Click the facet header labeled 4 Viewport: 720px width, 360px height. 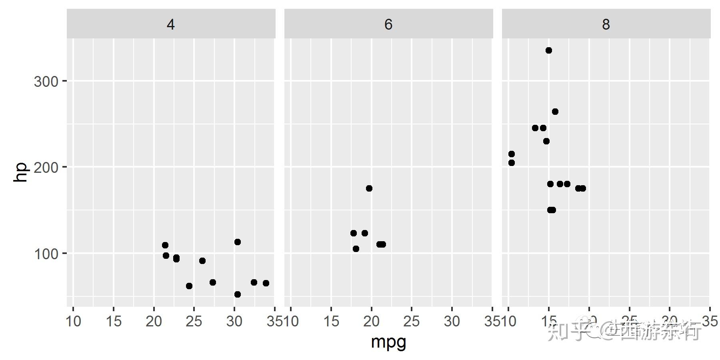point(171,25)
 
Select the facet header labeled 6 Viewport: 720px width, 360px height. point(388,25)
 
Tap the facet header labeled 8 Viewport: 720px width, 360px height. point(606,25)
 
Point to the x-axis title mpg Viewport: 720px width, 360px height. point(388,342)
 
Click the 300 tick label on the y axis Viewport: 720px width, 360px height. point(46,82)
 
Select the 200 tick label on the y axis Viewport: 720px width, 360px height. point(46,167)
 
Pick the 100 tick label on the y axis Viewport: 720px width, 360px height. point(46,254)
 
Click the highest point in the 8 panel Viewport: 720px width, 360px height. point(549,50)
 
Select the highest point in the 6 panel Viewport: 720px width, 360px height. point(369,188)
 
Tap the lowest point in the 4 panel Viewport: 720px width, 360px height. point(238,294)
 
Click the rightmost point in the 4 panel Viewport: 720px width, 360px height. point(266,283)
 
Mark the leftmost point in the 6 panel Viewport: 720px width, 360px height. point(354,233)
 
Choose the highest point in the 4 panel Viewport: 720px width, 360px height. point(238,242)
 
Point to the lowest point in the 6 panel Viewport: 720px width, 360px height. point(356,249)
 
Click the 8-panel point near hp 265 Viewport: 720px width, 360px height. point(555,112)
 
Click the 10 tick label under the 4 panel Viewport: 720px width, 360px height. point(73,321)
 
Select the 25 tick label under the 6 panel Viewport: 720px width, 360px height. point(412,321)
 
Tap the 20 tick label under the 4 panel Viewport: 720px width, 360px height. point(154,321)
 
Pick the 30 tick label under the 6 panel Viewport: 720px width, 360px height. point(452,321)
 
